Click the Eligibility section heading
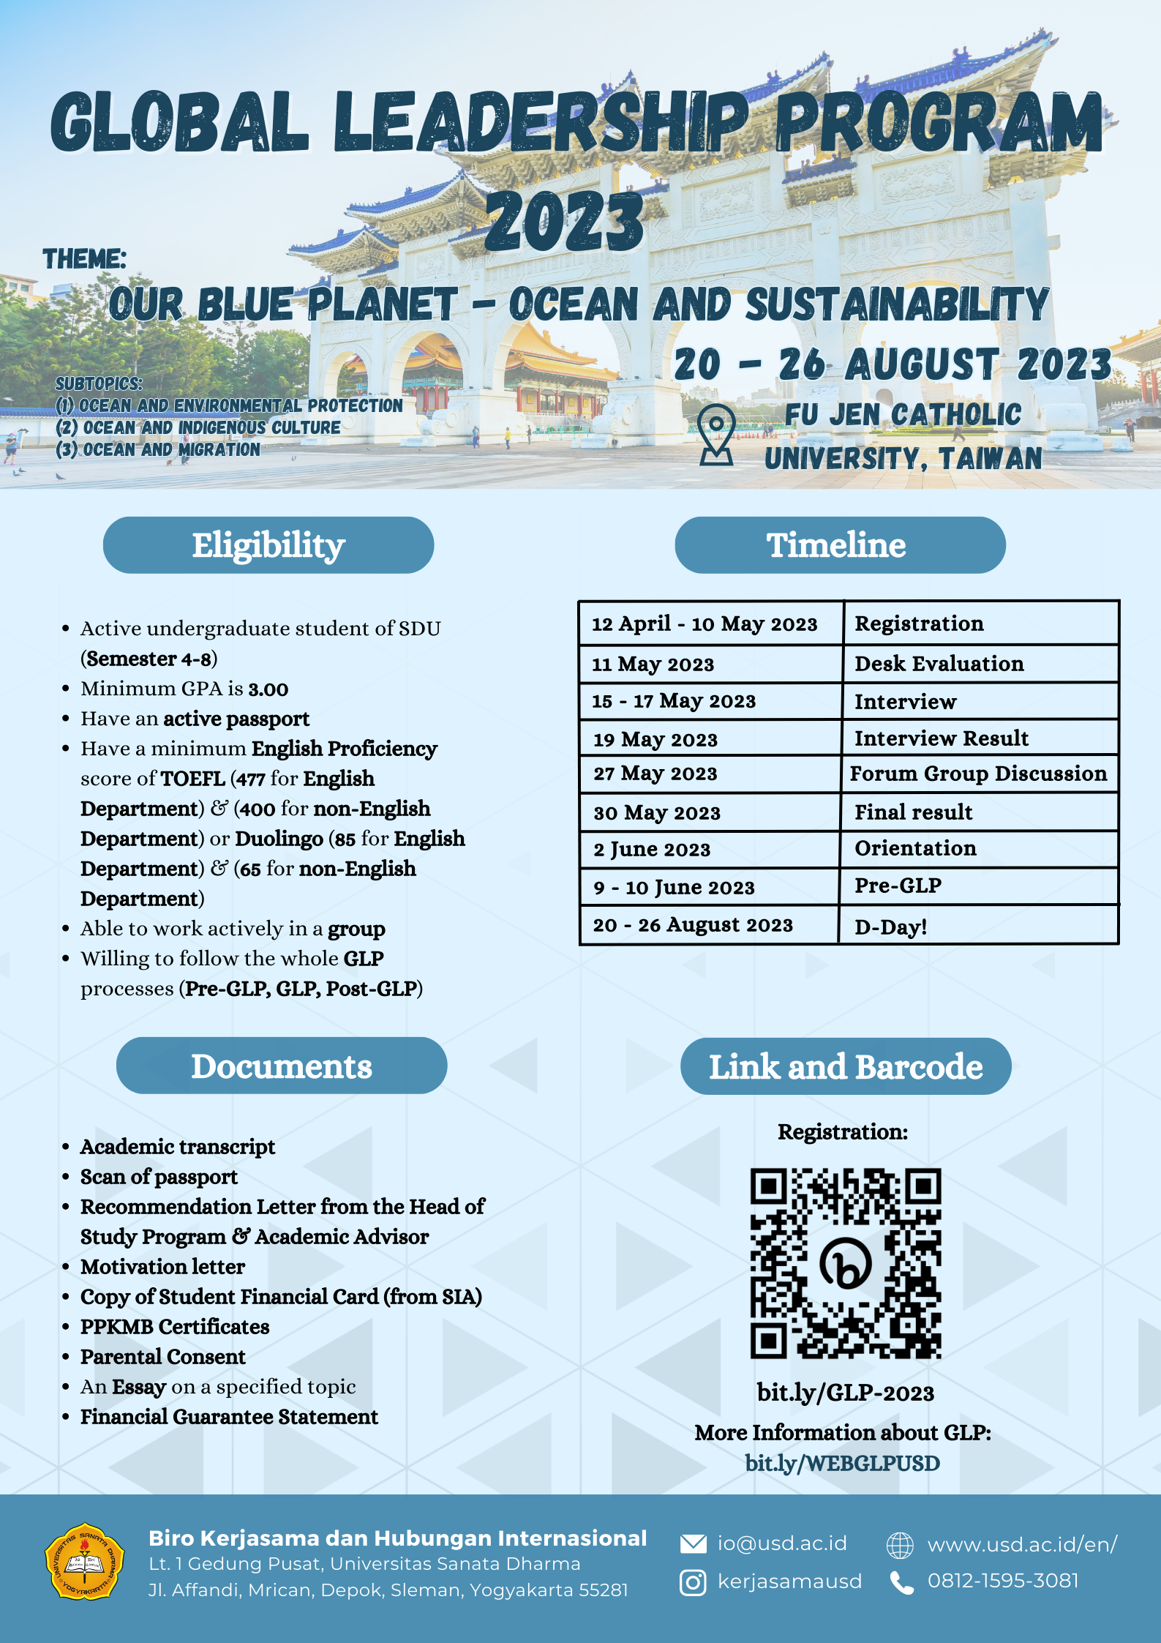(268, 545)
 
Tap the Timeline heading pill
(839, 545)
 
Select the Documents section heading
(282, 1066)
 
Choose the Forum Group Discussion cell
(978, 774)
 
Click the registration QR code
(845, 1263)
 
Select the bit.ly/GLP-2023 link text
(845, 1392)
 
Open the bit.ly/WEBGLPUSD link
(842, 1463)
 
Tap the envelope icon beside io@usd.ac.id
(693, 1543)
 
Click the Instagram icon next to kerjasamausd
(693, 1582)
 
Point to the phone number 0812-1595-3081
(1002, 1581)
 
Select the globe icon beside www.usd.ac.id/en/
(900, 1545)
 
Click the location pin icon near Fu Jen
(716, 434)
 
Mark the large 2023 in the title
(564, 220)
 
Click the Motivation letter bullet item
(162, 1267)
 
